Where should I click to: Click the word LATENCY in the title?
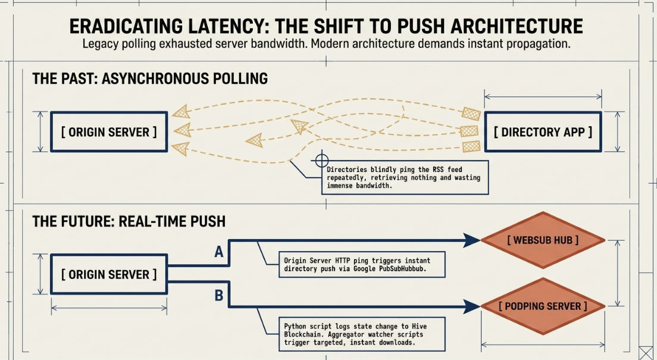pos(219,26)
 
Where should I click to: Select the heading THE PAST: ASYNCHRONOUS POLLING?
pos(150,79)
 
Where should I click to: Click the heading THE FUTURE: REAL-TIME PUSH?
pos(129,221)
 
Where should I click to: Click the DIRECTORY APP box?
pos(543,132)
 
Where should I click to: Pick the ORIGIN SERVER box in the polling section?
pos(109,132)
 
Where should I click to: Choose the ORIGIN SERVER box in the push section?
pos(109,274)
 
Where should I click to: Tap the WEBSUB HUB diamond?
pos(543,240)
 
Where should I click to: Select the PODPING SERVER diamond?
pos(543,306)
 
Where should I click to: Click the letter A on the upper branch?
pos(219,252)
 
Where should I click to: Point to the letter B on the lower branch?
pos(219,296)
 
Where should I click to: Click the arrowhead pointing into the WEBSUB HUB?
pos(473,240)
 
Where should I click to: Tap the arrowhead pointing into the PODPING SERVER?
pos(473,307)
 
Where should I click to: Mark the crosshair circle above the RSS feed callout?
pos(321,160)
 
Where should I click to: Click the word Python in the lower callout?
pos(294,327)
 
